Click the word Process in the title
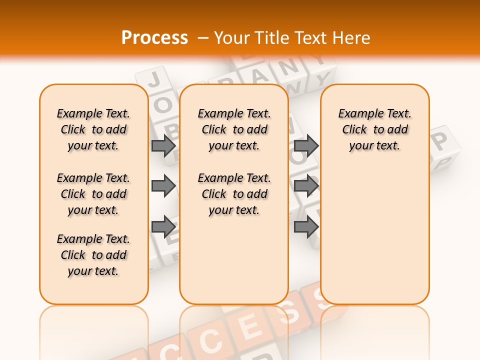coord(154,38)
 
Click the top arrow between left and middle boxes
coord(163,145)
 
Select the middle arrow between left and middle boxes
coord(163,186)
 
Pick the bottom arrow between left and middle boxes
coord(163,226)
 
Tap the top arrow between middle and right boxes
coord(306,145)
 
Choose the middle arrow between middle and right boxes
coord(306,186)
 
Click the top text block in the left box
coord(93,129)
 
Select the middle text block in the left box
coord(93,194)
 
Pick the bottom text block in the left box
coord(93,255)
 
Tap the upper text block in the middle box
coord(234,129)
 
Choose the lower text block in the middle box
coord(234,194)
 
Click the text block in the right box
coord(375,129)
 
